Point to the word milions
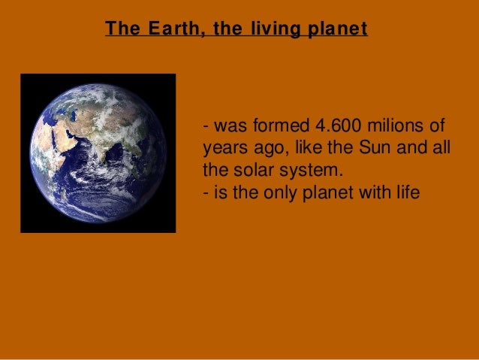396,124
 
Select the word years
222,144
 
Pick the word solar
247,164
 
